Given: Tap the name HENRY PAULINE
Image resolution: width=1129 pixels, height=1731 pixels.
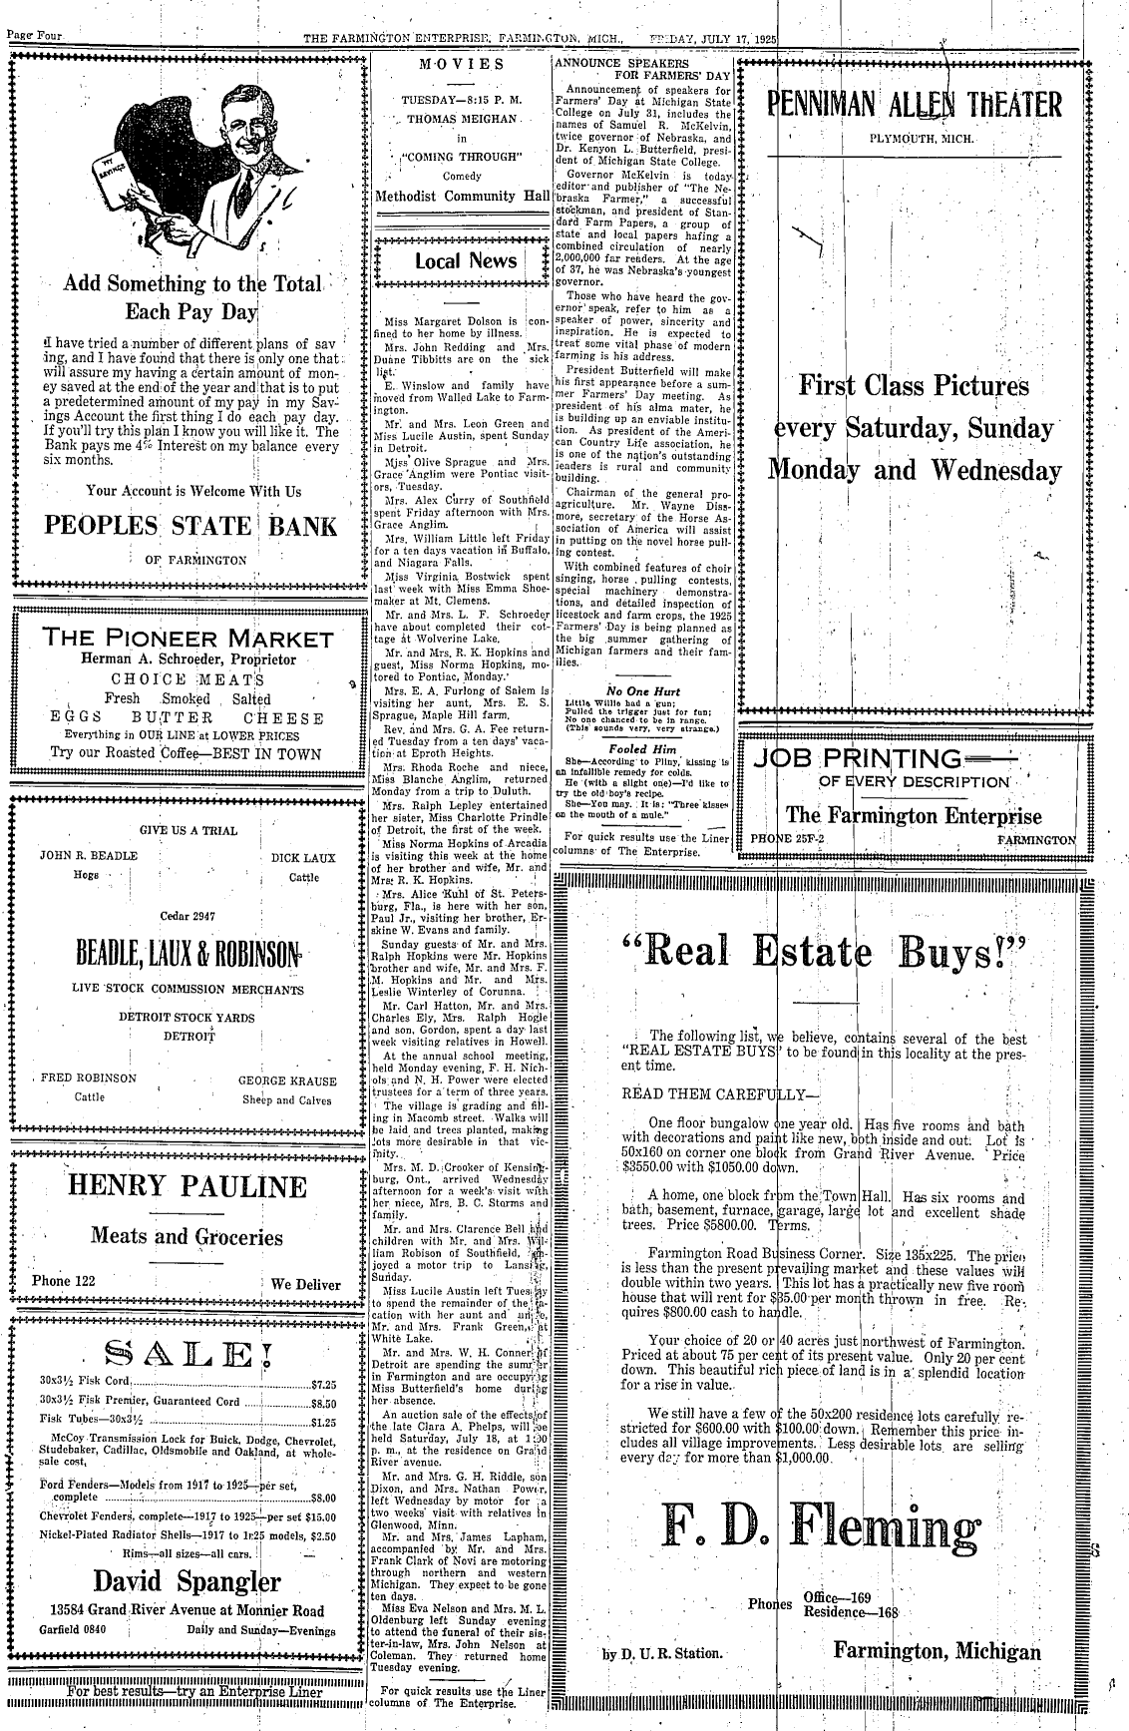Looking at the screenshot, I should (x=187, y=1187).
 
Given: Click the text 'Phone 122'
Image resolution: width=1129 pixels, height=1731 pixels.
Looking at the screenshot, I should (x=64, y=1282).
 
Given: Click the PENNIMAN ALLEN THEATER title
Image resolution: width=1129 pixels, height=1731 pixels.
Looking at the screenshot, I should (x=913, y=104).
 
